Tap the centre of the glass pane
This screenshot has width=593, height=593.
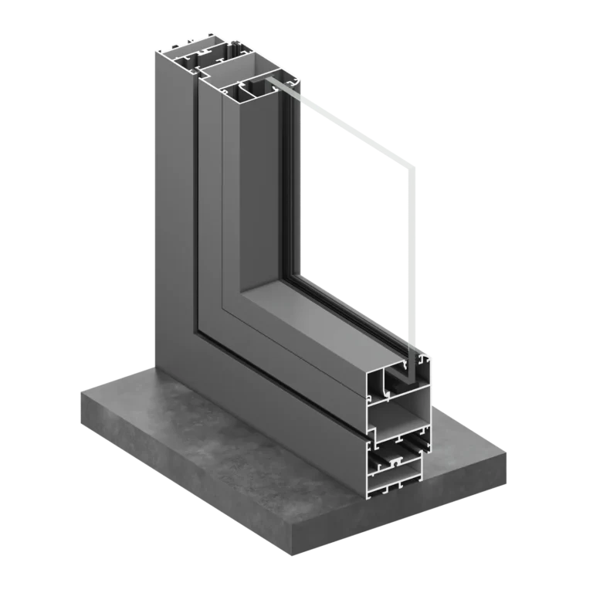click(x=355, y=224)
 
